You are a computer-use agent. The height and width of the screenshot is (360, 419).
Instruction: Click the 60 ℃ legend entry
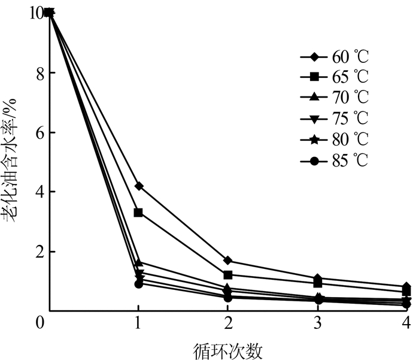(335, 58)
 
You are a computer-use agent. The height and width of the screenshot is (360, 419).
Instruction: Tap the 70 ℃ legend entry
(335, 96)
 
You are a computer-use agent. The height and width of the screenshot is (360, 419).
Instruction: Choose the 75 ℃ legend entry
(335, 117)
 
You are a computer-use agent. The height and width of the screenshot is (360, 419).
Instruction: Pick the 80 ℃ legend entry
(335, 140)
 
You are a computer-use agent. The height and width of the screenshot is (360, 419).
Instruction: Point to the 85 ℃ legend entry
(335, 161)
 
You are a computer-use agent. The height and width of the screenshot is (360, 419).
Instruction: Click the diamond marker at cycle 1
(138, 186)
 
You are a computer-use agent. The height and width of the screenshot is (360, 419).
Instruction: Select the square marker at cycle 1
(138, 213)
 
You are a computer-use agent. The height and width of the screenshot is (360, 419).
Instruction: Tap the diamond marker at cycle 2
(227, 261)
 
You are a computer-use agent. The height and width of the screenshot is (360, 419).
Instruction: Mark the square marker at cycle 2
(227, 275)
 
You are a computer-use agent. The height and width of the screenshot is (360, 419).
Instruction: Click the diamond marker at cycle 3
(317, 278)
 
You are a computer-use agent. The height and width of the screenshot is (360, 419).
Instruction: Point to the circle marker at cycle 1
(138, 284)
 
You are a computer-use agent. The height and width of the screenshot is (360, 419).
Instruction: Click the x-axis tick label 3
(317, 323)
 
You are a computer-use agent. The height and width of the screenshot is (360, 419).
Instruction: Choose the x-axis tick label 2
(227, 323)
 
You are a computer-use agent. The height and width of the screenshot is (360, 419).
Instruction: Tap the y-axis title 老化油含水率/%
(12, 162)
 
